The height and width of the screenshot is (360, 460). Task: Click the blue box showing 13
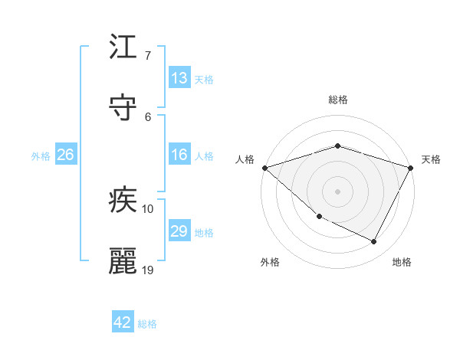(x=179, y=78)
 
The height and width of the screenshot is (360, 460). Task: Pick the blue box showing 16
(x=179, y=155)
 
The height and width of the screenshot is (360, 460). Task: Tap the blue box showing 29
(x=179, y=232)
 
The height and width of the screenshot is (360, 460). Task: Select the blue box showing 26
(x=65, y=155)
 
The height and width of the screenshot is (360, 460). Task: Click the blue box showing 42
(x=123, y=323)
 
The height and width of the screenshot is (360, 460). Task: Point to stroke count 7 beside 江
(x=148, y=56)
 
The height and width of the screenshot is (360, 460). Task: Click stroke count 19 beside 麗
(x=148, y=270)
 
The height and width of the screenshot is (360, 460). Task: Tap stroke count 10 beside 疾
(x=148, y=209)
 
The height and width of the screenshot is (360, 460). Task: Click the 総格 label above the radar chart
(x=338, y=100)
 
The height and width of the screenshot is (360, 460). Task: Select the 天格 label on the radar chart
(x=432, y=159)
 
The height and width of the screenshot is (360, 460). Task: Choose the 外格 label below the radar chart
(x=270, y=262)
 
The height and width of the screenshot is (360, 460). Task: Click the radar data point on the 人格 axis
(x=264, y=168)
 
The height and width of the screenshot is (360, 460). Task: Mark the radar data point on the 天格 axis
(x=411, y=168)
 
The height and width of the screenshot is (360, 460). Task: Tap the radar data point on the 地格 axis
(x=374, y=242)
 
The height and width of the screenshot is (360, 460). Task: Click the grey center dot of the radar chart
(x=337, y=191)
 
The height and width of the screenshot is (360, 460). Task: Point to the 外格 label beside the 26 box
(x=41, y=155)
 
